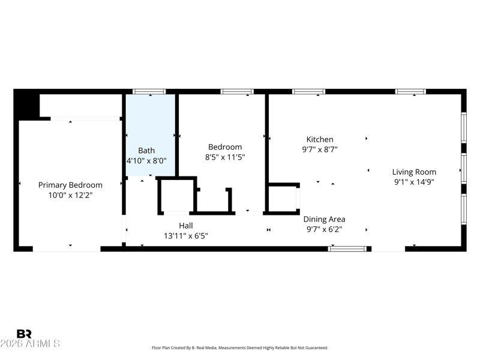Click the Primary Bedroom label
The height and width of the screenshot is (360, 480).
70,185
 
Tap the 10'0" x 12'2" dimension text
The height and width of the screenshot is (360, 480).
70,195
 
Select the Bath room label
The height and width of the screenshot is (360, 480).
146,151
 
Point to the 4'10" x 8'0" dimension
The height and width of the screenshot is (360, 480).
146,160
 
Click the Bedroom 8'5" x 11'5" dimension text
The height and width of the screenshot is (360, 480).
225,157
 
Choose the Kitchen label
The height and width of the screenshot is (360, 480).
320,139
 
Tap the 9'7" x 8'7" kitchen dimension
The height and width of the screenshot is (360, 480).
320,149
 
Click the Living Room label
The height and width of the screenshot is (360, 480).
414,172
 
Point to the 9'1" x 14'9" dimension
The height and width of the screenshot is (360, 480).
414,182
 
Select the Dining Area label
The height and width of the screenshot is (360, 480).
324,219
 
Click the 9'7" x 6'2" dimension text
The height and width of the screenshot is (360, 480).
324,229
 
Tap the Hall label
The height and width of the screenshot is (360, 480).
186,226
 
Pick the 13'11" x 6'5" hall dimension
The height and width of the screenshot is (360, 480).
186,236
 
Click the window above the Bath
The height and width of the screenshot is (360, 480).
149,92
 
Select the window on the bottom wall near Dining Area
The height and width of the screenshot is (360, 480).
347,249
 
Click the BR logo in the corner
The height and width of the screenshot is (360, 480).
24,334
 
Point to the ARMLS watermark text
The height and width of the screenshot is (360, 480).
30,343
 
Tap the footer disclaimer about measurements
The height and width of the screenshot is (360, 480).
240,348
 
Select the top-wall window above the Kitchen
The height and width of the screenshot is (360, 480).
308,92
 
